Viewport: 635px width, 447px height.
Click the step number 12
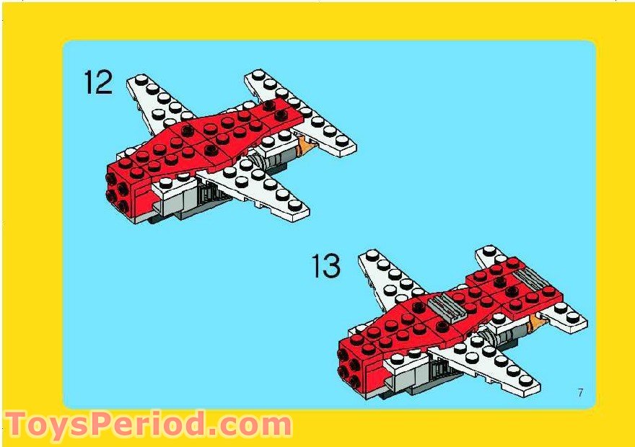tap(98, 81)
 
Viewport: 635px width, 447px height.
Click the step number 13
tap(326, 266)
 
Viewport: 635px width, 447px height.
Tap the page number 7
tap(580, 392)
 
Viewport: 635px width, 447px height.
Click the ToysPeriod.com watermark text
tap(148, 425)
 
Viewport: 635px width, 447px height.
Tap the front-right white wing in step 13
tap(491, 364)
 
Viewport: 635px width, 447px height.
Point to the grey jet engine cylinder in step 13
tap(502, 337)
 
